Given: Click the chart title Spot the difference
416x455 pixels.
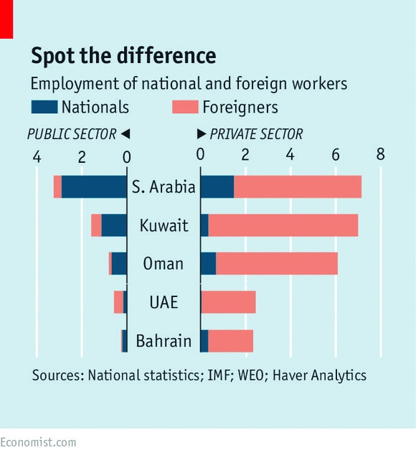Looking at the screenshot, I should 123,56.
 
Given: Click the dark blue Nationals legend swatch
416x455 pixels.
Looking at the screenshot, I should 44,108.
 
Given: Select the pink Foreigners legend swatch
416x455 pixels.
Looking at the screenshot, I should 184,108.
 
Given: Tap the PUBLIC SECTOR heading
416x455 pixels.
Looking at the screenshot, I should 72,134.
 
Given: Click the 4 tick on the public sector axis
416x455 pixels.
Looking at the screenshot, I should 37,156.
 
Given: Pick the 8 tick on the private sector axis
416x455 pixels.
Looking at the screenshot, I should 380,155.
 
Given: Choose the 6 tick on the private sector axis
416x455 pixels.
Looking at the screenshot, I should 335,155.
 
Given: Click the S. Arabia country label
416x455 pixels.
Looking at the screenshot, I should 164,187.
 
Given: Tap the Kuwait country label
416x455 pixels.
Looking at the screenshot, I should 164,226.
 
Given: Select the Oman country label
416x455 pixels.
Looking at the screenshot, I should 164,264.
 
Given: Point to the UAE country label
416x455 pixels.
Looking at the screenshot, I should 164,302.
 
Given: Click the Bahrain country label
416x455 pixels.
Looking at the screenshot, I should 164,340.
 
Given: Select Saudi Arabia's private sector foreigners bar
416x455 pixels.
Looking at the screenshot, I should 298,187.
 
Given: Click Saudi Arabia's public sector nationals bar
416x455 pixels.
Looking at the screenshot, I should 94,187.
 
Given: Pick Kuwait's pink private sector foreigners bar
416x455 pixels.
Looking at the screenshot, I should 283,225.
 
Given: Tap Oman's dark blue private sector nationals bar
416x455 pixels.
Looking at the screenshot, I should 208,263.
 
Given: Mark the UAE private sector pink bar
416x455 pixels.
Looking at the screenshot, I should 229,302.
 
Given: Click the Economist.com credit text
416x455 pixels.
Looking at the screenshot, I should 38,442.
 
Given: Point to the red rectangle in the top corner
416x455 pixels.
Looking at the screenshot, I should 6,19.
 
